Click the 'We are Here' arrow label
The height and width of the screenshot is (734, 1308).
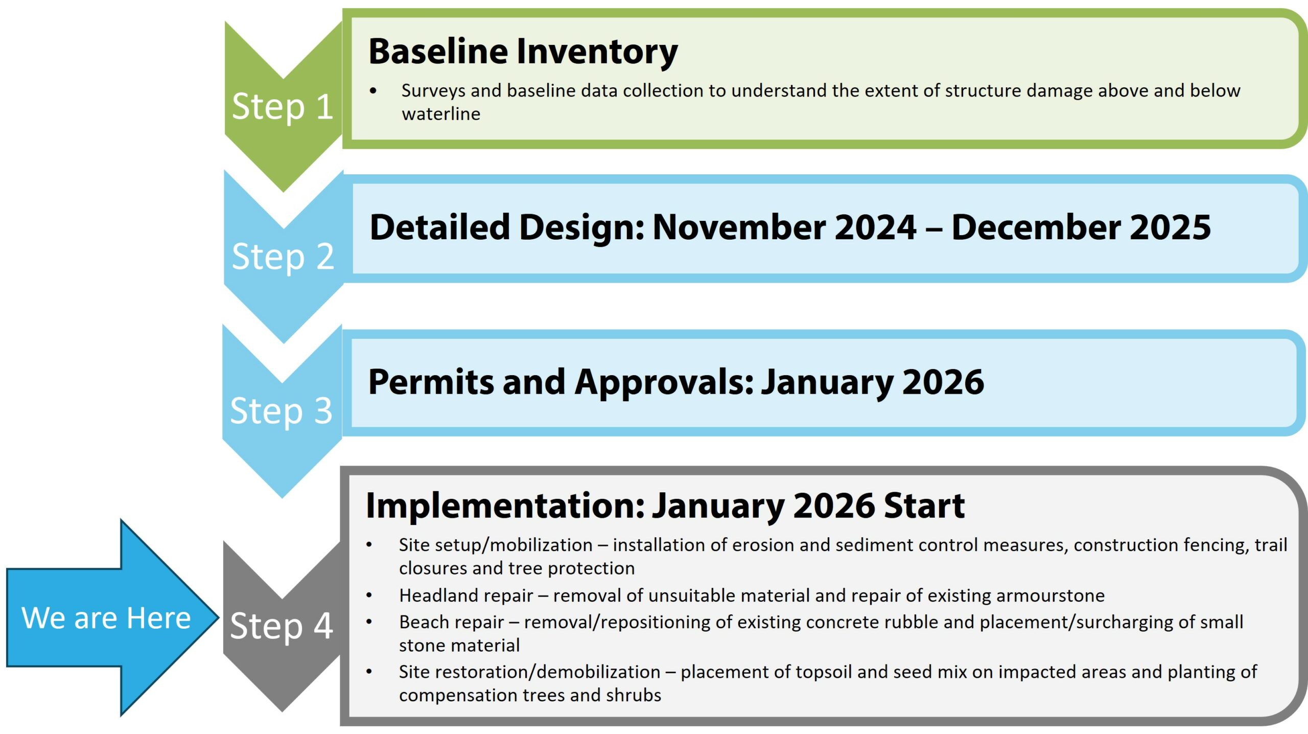106,618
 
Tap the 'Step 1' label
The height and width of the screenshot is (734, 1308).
283,107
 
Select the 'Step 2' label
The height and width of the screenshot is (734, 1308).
283,257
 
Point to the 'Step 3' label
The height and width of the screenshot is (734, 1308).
282,411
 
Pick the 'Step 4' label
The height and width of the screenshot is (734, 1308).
282,626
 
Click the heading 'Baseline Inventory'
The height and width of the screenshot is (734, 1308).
523,52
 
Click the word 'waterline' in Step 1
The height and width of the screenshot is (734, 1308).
441,114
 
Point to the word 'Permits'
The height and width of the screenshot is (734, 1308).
431,382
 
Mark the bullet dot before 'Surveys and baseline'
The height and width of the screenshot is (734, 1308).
373,91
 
